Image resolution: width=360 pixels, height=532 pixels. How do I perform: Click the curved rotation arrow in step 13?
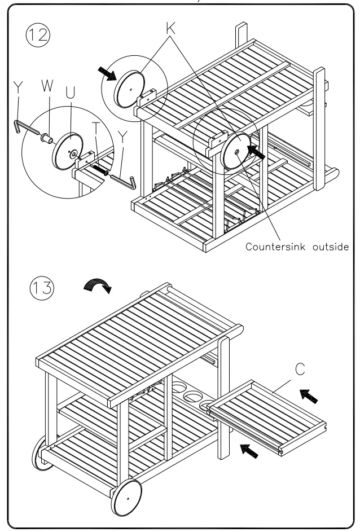point(98,286)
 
